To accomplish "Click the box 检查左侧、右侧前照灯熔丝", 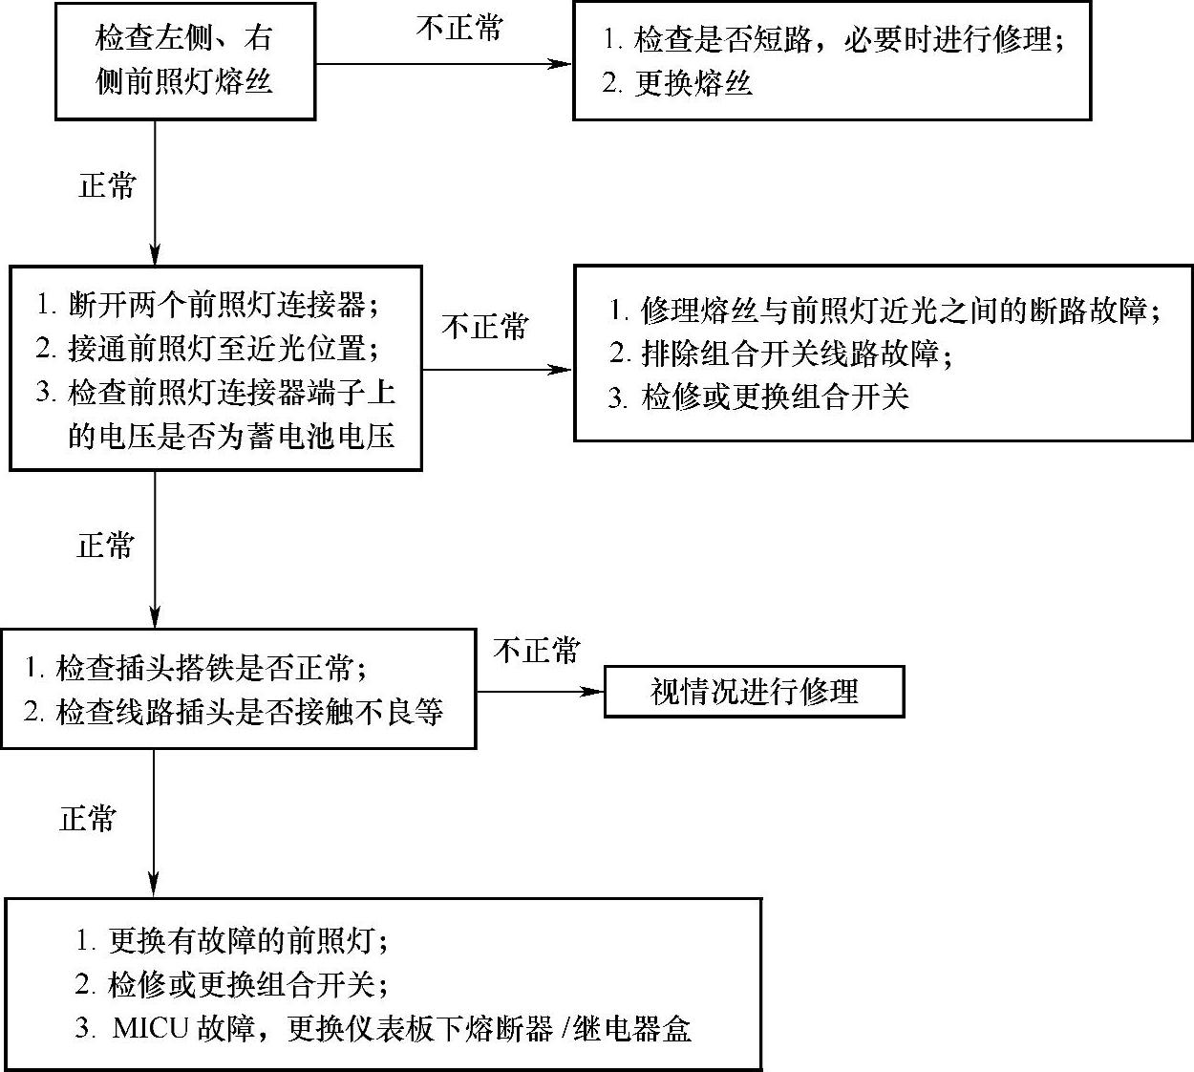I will [185, 60].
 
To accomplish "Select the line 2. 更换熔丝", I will [677, 84].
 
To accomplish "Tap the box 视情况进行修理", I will [754, 691].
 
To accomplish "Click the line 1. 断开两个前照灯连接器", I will [207, 305].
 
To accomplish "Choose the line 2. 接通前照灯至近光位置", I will [207, 348].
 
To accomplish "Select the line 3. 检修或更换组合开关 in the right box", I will [758, 397].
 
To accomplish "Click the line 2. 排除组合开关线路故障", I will [781, 354].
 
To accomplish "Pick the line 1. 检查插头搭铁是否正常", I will [195, 667].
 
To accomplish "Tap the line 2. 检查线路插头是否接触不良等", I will [234, 711].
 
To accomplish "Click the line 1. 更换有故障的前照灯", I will [233, 941].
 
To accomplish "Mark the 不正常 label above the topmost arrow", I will [458, 28].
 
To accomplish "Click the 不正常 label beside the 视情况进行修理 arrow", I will [536, 651].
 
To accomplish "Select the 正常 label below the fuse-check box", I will [107, 185].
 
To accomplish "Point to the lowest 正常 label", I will [88, 819].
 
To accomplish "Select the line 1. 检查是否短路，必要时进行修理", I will [834, 40].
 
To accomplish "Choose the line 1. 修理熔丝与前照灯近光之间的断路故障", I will [885, 311].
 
